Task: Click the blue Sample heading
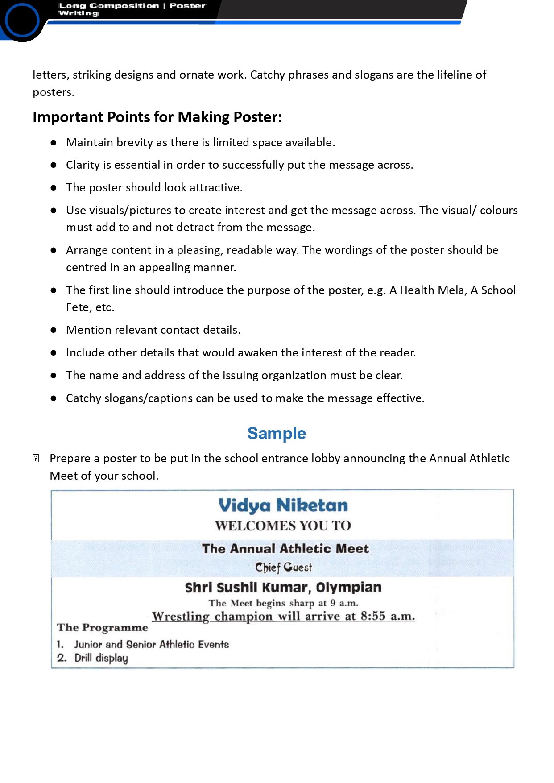tap(277, 433)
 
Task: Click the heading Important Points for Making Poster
tap(157, 117)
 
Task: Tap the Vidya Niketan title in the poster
tap(283, 505)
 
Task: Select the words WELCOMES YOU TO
tap(283, 526)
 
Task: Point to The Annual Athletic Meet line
tap(285, 548)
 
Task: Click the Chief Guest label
tap(284, 567)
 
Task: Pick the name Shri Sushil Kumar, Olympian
tap(283, 587)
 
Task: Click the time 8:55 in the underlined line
tap(373, 616)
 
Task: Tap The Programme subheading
tap(103, 627)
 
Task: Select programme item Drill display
tap(101, 658)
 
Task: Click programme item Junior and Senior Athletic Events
tap(151, 644)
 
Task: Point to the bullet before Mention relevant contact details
tap(54, 330)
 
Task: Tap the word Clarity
tap(83, 165)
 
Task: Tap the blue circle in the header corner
tap(21, 20)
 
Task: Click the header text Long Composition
tap(109, 6)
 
